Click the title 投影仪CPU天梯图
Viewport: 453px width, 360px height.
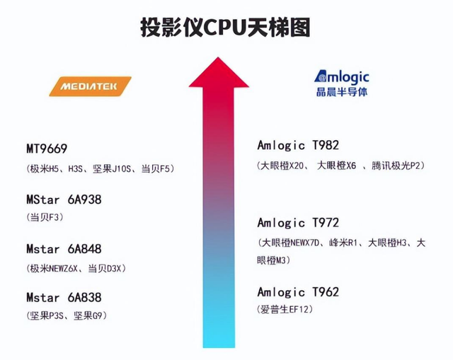coord(225,28)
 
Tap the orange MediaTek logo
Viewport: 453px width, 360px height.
coord(91,86)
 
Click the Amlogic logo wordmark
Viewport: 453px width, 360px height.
coord(341,76)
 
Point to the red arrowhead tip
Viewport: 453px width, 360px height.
coord(218,57)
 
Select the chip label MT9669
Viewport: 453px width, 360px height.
coord(47,149)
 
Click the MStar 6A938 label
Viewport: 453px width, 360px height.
coord(64,199)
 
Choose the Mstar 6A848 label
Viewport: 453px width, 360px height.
coord(64,249)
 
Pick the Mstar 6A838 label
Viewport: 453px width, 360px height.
coord(64,297)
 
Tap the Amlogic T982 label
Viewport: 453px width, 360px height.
coord(298,145)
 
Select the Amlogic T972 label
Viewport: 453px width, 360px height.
coord(298,223)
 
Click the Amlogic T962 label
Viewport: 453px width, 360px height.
coord(298,292)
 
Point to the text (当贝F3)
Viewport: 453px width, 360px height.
coord(45,217)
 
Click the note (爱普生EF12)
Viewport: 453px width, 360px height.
coord(285,310)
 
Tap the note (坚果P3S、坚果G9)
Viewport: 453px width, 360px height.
coord(67,315)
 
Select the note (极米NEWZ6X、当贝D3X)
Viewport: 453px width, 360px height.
coord(76,269)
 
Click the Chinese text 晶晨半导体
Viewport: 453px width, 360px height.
coord(341,92)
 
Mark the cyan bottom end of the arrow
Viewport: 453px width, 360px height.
coord(219,347)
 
